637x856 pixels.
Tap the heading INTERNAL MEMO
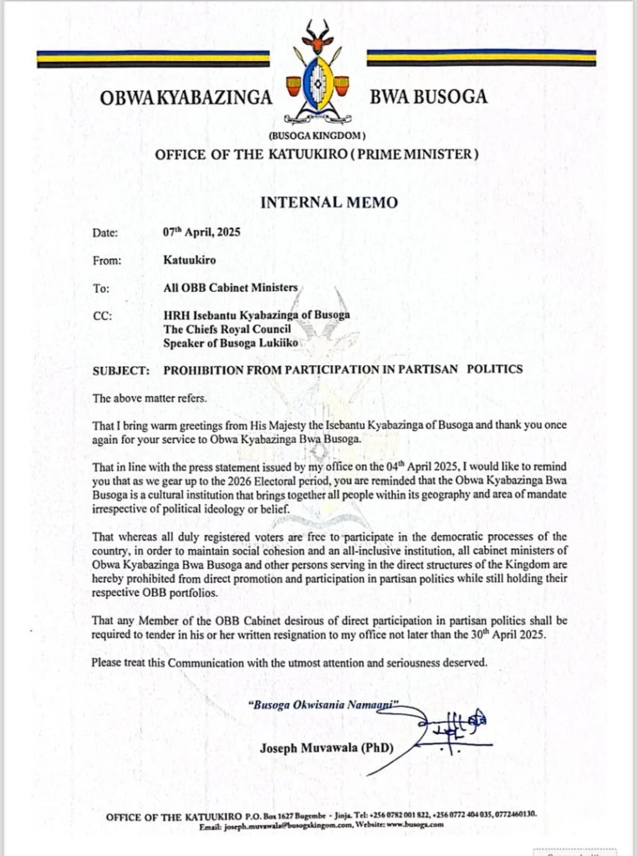318,202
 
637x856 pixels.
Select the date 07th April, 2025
201,233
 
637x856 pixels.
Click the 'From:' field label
109,261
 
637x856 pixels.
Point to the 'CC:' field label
104,315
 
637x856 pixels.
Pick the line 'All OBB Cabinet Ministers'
231,288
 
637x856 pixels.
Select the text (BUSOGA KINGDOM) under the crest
317,135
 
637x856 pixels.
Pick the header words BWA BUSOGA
428,97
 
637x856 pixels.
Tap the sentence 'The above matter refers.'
147,398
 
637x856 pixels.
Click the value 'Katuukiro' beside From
190,260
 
